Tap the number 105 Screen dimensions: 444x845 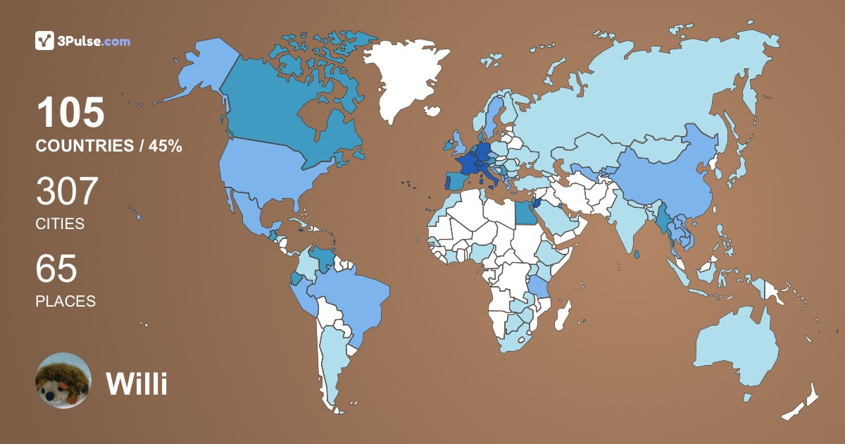coord(70,113)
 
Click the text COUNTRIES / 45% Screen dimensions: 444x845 coord(109,147)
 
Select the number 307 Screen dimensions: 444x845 coord(67,192)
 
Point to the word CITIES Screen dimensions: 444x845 coord(60,224)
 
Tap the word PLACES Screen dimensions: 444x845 coord(65,301)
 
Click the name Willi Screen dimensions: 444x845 coord(137,383)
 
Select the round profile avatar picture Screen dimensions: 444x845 coord(63,381)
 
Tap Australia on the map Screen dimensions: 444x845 coord(736,349)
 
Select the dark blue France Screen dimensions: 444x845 coord(467,163)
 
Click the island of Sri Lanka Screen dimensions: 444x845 coord(637,254)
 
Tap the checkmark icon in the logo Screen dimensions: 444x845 coord(44,41)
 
